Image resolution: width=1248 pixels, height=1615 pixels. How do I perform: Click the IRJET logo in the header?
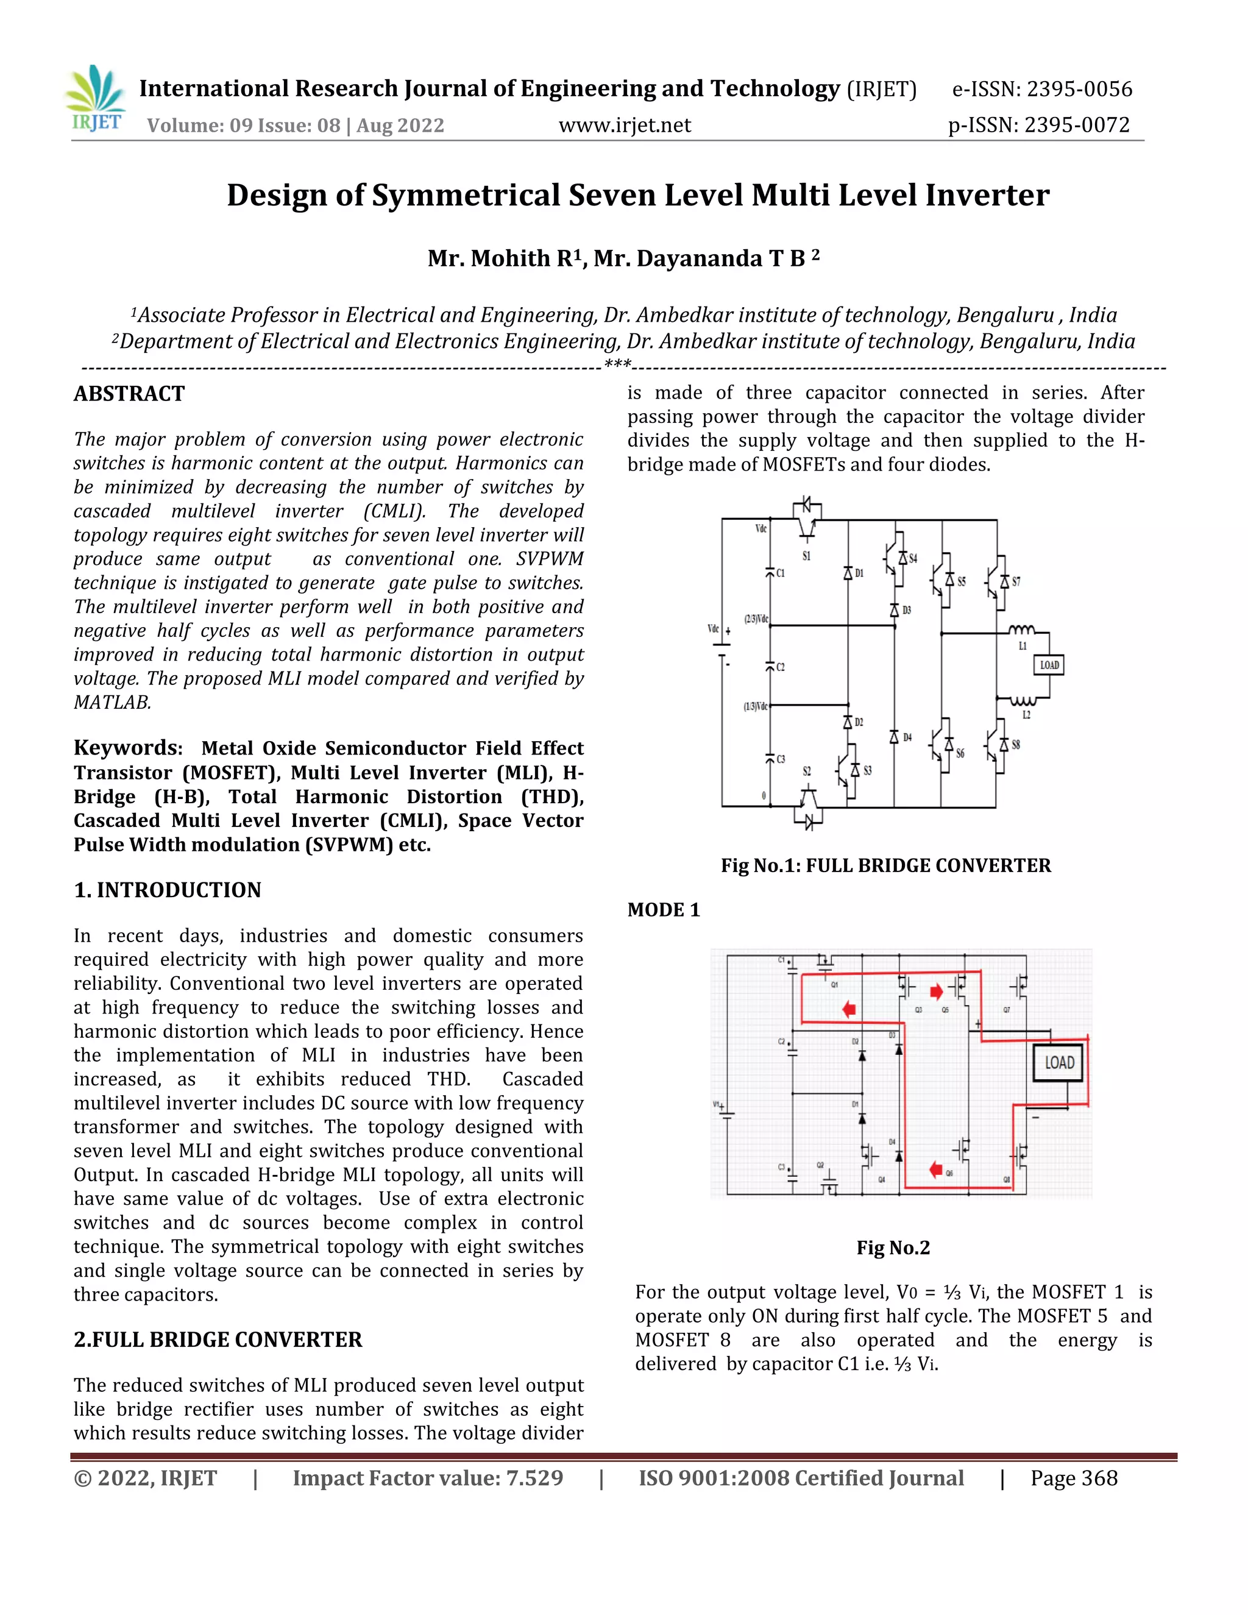[96, 101]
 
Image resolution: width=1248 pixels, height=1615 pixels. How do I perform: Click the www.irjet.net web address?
[625, 125]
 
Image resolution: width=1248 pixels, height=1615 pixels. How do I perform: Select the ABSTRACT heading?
[129, 394]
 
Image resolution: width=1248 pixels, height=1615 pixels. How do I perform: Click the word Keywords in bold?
[128, 748]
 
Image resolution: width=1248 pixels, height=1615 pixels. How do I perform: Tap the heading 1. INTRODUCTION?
[168, 890]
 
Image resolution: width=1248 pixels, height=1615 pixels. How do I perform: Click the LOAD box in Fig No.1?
[1048, 665]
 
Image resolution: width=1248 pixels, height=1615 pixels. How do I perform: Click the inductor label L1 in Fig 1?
[1023, 645]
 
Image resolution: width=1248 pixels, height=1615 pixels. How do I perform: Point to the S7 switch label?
[1016, 582]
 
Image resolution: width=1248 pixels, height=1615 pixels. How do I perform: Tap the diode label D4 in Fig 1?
[907, 737]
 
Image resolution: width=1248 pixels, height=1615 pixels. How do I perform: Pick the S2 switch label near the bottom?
[807, 772]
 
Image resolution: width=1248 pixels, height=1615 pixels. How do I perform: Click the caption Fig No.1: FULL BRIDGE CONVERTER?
[885, 866]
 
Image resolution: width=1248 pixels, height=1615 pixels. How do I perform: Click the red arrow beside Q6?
[935, 1169]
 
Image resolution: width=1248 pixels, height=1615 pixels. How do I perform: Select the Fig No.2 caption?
[893, 1248]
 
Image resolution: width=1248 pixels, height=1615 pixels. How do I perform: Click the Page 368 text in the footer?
[1074, 1478]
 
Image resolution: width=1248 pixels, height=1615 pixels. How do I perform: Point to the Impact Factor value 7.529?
[428, 1478]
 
